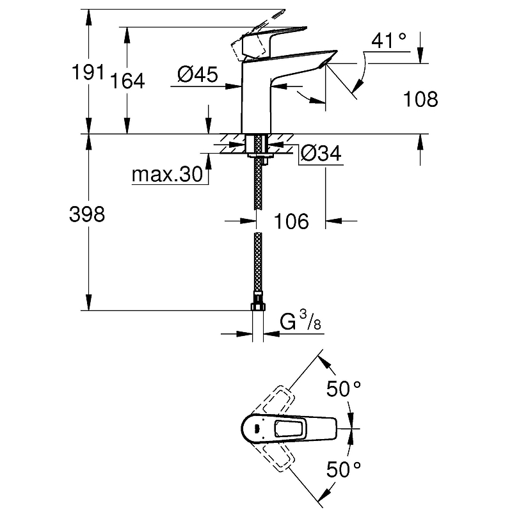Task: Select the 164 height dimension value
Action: pyautogui.click(x=128, y=81)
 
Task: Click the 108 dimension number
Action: pyautogui.click(x=420, y=99)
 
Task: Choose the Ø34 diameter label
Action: pyautogui.click(x=320, y=154)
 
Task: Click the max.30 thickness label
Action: pyautogui.click(x=166, y=174)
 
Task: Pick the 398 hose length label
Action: pyautogui.click(x=86, y=214)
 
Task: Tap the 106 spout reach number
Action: pyautogui.click(x=291, y=221)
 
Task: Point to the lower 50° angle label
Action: pyautogui.click(x=344, y=470)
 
